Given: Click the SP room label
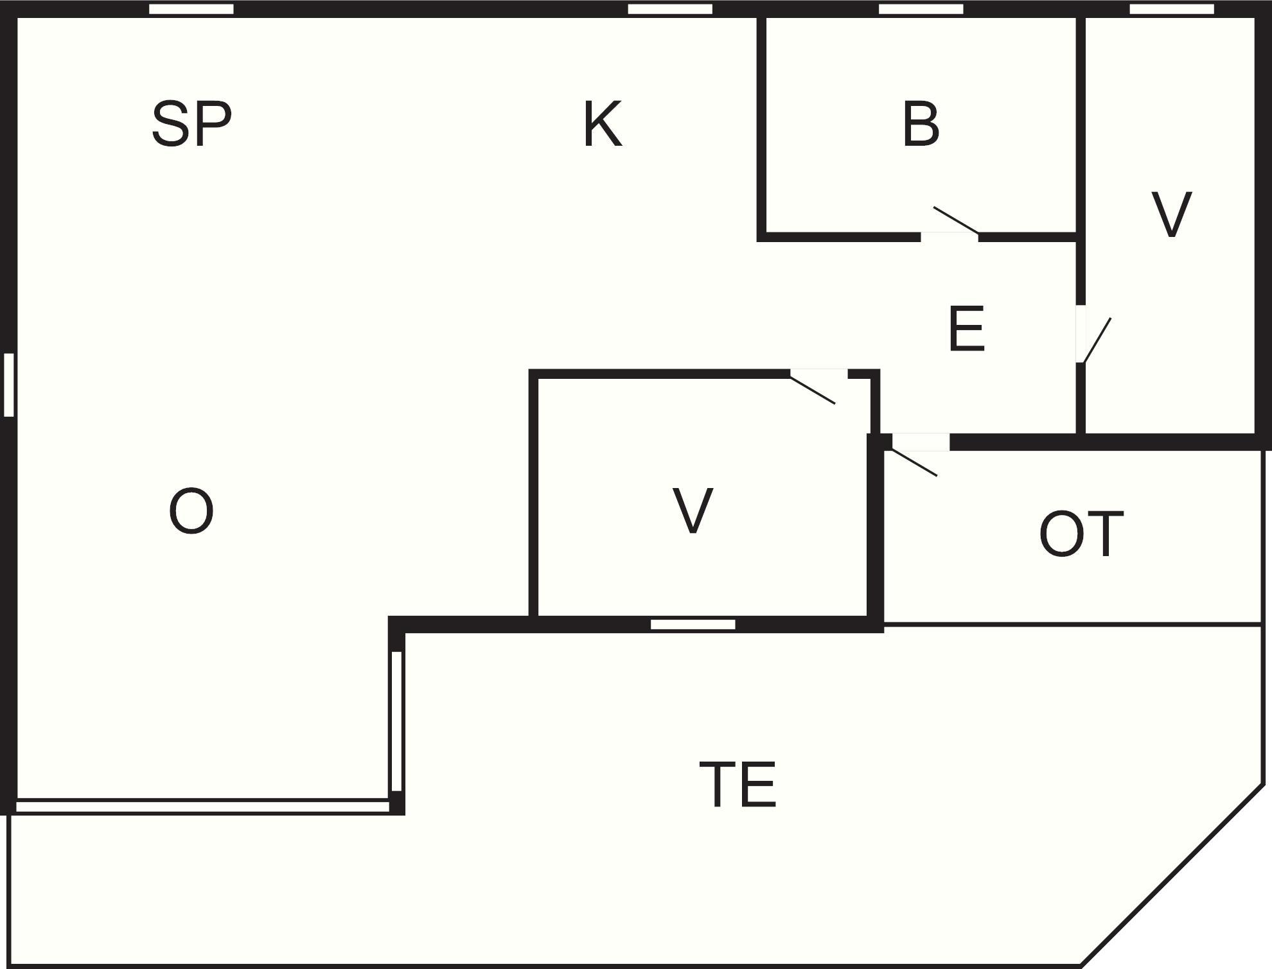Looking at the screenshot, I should pyautogui.click(x=191, y=125).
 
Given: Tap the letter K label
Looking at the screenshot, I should pyautogui.click(x=603, y=125).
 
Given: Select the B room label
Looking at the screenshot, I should pyautogui.click(x=921, y=125).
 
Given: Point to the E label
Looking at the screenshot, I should pyautogui.click(x=966, y=329).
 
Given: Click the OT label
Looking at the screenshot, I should pyautogui.click(x=1081, y=534).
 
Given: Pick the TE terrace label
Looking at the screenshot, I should pyautogui.click(x=738, y=784).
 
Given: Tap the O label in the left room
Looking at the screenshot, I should pyautogui.click(x=191, y=511).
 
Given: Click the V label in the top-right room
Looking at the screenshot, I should pyautogui.click(x=1171, y=214).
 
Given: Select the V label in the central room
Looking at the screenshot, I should pyautogui.click(x=693, y=511).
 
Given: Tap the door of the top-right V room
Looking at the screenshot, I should pyautogui.click(x=1092, y=337).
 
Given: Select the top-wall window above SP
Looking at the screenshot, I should pyautogui.click(x=191, y=9).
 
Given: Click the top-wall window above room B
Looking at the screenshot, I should pyautogui.click(x=921, y=9).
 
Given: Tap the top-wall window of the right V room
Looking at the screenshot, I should pyautogui.click(x=1172, y=9).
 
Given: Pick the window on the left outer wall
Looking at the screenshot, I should pyautogui.click(x=9, y=385).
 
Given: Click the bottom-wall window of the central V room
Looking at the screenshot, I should pyautogui.click(x=693, y=624).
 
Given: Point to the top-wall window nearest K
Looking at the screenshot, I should pyautogui.click(x=670, y=9).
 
